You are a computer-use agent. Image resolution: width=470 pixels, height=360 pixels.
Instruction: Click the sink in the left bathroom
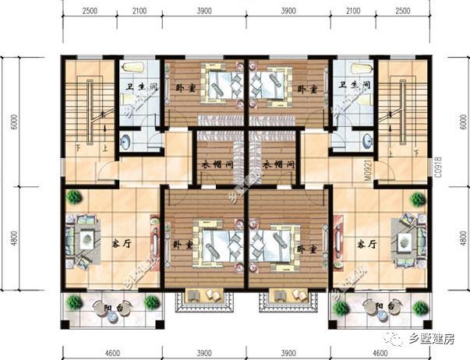[x=128, y=141]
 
